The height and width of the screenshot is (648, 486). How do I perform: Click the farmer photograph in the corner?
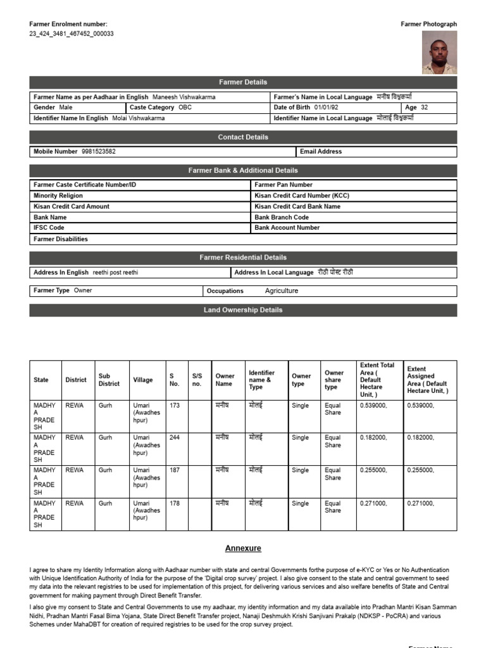coord(438,53)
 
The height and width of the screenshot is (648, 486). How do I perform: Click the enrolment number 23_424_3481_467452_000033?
coord(72,34)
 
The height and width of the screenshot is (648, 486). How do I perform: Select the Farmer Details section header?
coord(243,82)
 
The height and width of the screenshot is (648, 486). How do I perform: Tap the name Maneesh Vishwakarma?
coord(184,97)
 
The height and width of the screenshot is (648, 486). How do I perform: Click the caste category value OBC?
coord(185,108)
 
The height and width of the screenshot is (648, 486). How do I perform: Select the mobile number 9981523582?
coord(99,152)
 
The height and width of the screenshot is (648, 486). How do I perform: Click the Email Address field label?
coord(321,152)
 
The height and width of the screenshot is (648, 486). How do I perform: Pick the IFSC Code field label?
coord(49,228)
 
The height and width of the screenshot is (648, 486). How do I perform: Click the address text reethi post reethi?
coord(115,273)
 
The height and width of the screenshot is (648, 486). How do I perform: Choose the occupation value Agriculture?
coord(281,291)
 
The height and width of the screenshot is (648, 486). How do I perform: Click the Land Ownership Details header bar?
coord(243,310)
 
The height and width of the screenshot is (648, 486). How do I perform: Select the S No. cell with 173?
coord(175,405)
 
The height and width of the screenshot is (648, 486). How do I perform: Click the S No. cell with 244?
coord(175,438)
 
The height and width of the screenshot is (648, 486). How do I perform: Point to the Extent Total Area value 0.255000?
coord(373,471)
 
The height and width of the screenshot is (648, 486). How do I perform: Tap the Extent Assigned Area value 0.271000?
coord(420,504)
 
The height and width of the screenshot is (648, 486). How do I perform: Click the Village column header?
coord(143,380)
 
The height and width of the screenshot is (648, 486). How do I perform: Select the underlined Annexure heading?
coord(243,549)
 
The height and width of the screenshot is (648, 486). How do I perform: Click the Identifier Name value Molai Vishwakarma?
coord(138,118)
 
